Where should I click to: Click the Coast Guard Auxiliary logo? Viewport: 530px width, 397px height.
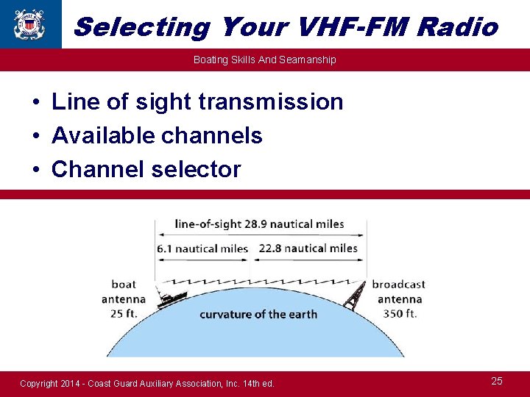tap(29, 24)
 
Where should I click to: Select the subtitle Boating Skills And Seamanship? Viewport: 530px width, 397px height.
tap(265, 60)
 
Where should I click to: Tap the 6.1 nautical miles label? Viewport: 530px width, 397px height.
tap(202, 248)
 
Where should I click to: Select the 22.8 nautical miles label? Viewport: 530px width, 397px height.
tap(307, 248)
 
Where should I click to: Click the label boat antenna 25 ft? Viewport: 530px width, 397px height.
tap(124, 299)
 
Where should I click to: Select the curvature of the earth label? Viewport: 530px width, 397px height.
tap(258, 315)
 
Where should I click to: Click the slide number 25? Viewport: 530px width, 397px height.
tap(497, 381)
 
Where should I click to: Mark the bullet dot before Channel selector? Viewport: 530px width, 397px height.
tap(35, 170)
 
